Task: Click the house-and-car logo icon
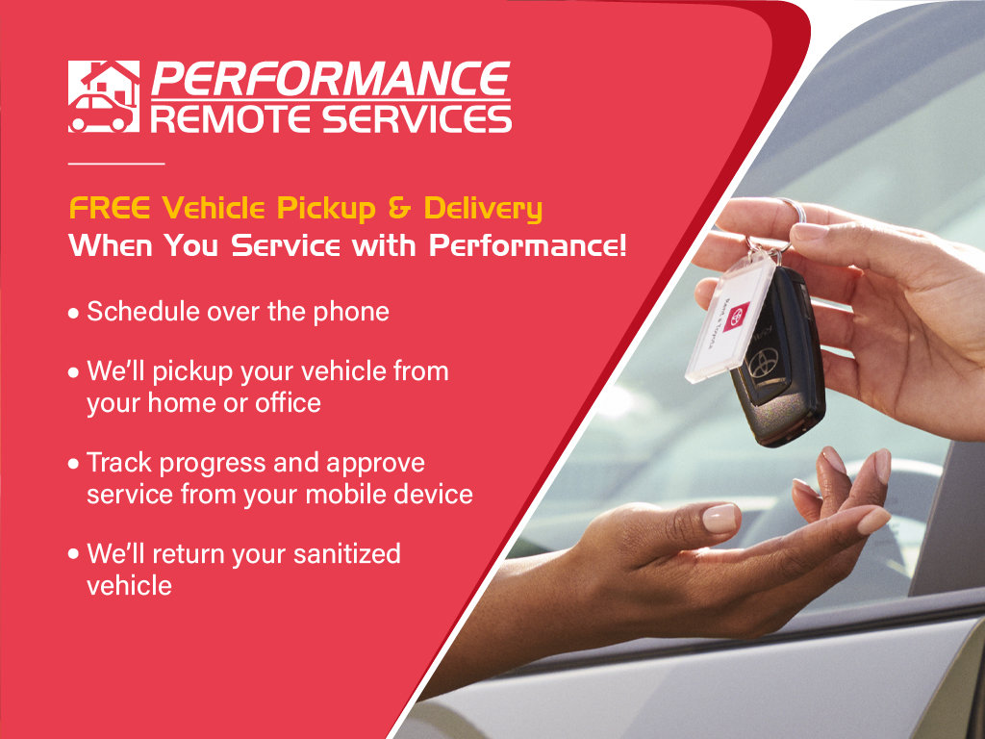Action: coord(103,96)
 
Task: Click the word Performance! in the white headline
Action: coord(528,246)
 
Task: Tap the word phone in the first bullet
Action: coord(350,312)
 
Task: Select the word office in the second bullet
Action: coord(288,402)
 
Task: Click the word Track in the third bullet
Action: coord(120,463)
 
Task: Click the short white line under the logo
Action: coord(116,163)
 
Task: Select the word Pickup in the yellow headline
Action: coord(330,208)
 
